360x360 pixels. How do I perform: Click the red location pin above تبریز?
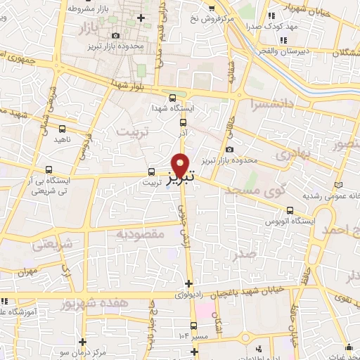click(x=181, y=165)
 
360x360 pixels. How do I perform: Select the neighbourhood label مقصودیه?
click(x=140, y=233)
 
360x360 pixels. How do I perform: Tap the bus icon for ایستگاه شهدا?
click(x=173, y=98)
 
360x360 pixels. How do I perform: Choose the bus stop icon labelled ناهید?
click(x=63, y=129)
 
